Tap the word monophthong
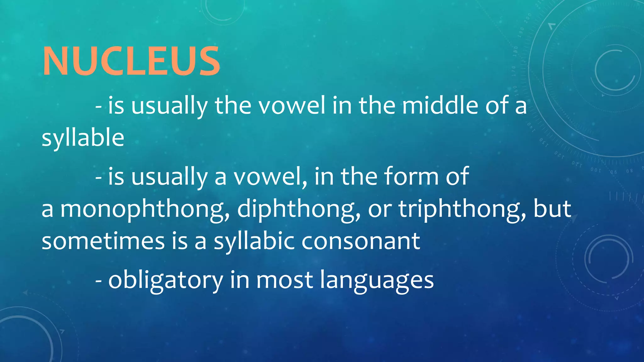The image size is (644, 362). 145,209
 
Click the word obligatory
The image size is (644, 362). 166,280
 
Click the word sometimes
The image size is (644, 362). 103,241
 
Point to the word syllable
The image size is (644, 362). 83,138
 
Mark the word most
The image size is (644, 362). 285,280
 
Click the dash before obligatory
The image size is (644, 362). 98,281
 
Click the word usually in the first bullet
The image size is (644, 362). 169,106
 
